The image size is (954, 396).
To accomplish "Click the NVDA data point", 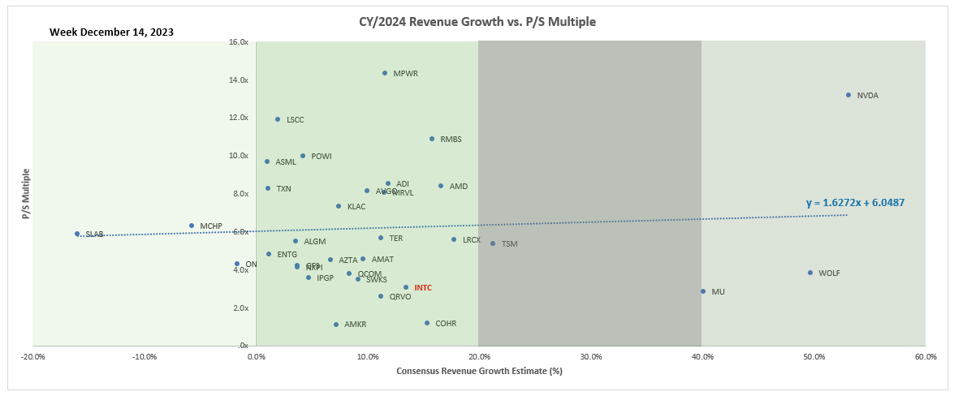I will [x=848, y=95].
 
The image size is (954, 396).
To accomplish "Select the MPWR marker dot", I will [x=385, y=73].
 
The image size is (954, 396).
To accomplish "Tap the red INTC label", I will [x=423, y=288].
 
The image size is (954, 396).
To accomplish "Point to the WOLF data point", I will [x=810, y=273].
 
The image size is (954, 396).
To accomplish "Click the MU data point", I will [x=703, y=291].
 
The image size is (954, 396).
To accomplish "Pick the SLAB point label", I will [x=95, y=235].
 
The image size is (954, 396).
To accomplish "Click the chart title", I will [x=477, y=22].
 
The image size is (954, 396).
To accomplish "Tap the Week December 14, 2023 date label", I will [x=111, y=32].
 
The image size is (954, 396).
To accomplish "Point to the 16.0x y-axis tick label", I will [x=238, y=42].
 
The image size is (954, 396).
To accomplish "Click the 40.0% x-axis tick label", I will [x=702, y=357].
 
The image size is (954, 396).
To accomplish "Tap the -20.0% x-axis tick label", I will [x=33, y=357].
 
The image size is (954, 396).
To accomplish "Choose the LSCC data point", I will [x=278, y=119].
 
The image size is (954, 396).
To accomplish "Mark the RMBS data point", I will [x=432, y=139].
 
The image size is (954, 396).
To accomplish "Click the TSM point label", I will [x=509, y=244].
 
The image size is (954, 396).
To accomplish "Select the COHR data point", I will [x=427, y=323].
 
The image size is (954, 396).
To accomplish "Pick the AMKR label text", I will [x=356, y=325].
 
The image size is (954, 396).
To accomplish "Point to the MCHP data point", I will [x=192, y=226].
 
